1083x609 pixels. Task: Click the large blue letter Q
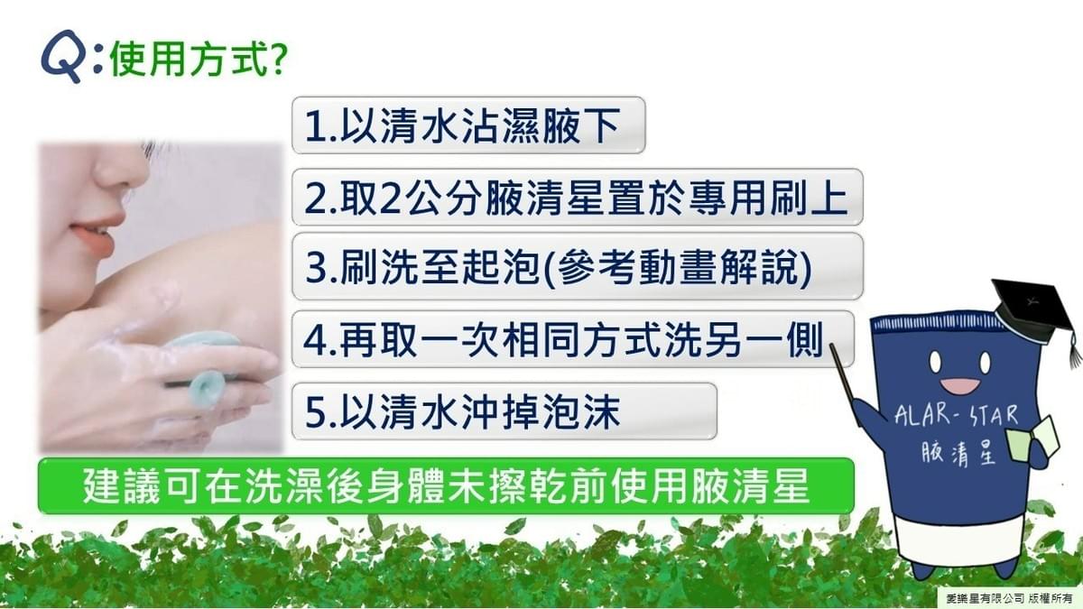tap(62, 55)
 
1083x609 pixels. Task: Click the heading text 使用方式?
tap(199, 60)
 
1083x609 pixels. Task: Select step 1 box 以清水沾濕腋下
tap(468, 125)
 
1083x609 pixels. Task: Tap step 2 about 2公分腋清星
tap(578, 197)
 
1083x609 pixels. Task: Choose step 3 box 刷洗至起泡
tap(578, 266)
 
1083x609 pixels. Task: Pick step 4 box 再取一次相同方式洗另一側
tap(573, 339)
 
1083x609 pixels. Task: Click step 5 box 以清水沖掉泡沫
tap(504, 411)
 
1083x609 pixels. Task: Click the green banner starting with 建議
tap(446, 485)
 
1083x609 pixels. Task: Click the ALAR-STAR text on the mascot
tap(956, 416)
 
